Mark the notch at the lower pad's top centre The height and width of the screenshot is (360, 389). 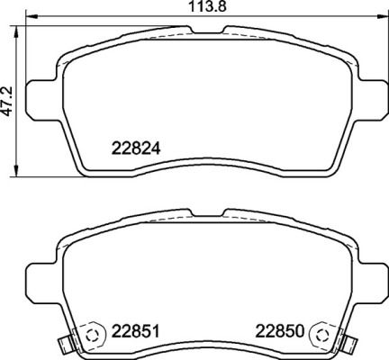point(204,216)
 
